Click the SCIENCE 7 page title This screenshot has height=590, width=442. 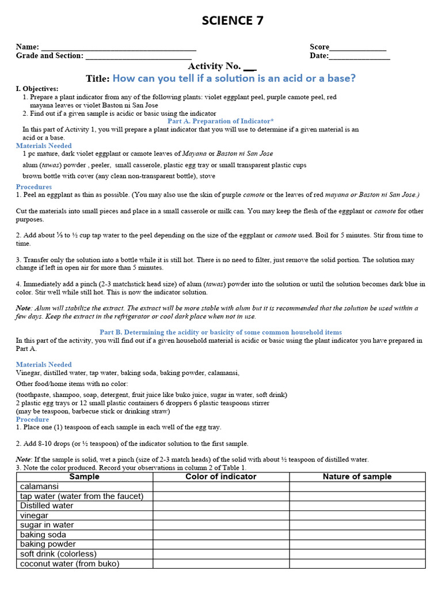point(233,21)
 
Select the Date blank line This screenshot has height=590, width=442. point(359,56)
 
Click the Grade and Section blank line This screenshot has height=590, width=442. point(138,56)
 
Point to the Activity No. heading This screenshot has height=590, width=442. point(222,66)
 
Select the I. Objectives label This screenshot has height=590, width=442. point(37,89)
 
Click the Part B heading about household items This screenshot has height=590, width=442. point(220,332)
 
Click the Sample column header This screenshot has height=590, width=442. point(84,477)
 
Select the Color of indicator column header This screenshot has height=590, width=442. point(221,477)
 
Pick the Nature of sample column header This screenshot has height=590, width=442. point(357,477)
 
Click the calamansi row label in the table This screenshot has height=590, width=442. point(39,487)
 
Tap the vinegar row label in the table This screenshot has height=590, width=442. point(35,516)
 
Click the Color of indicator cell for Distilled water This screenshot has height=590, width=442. point(221,506)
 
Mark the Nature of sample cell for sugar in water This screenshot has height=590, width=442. point(357,525)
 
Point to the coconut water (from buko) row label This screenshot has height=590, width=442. point(70,563)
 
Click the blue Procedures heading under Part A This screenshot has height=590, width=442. point(34,187)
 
